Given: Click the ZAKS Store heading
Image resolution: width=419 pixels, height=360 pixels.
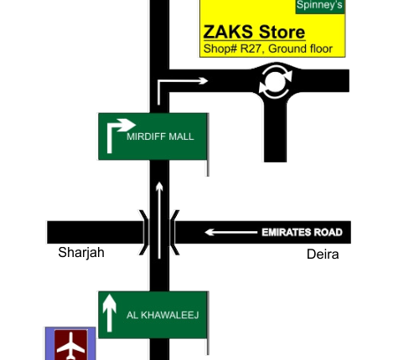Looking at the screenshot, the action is tap(254, 32).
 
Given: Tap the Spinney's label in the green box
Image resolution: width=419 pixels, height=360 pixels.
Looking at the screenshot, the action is tap(319, 5).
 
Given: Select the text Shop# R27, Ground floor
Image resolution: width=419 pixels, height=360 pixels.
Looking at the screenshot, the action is tap(268, 49).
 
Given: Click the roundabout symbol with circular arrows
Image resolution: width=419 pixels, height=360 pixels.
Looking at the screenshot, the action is tap(276, 82).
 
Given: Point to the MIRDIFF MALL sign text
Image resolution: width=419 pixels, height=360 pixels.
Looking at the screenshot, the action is tap(160, 136).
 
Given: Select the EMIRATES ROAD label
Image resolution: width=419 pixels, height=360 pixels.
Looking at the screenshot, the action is tap(302, 233).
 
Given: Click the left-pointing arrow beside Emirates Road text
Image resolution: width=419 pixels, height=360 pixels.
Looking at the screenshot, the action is tap(231, 232).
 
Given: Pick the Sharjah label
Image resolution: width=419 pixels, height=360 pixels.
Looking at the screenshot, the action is tap(81, 253).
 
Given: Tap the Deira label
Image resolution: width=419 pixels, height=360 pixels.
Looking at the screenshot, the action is tap(323, 255).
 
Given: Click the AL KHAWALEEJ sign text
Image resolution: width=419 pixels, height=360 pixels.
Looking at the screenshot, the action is tap(163, 316).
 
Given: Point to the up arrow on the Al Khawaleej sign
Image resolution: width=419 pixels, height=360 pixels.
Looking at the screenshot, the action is tap(110, 313).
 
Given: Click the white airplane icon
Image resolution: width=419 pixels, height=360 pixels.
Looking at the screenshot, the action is tap(71, 346).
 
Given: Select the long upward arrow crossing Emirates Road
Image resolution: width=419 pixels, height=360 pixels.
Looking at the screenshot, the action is tap(159, 220).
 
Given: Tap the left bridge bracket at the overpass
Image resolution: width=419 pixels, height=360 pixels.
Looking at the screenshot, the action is tap(145, 233).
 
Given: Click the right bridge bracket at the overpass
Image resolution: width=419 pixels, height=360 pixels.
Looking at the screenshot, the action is tap(173, 233).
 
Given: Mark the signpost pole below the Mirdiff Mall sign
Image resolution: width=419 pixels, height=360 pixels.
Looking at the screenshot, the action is tap(208, 168).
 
